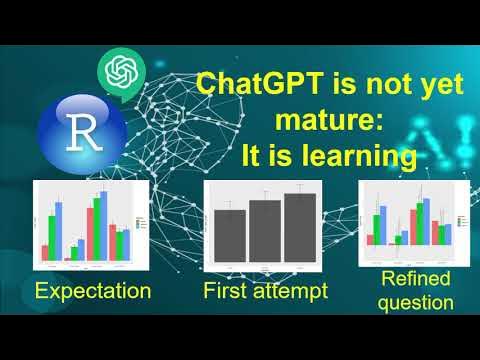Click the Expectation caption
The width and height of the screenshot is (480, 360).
click(92, 291)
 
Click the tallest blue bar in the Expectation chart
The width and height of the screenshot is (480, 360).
click(58, 231)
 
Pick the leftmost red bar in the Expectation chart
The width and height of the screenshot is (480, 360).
click(44, 252)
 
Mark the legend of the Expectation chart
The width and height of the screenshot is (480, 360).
click(141, 222)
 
